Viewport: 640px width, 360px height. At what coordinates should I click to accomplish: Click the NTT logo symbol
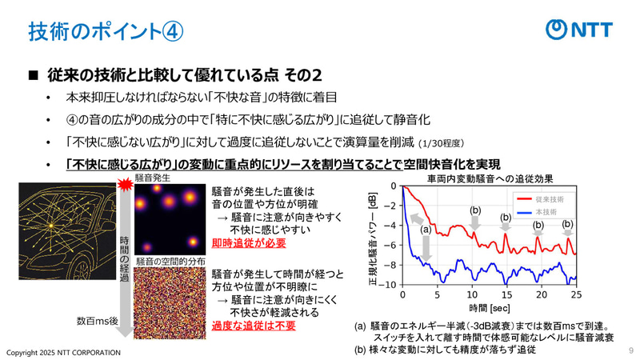pos(557,30)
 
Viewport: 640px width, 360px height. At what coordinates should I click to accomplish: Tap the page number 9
pos(630,350)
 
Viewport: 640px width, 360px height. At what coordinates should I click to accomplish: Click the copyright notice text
pos(64,352)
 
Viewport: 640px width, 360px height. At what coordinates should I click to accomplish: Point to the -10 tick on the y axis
pos(388,285)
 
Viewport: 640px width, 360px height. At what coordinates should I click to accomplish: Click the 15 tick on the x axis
pos(506,295)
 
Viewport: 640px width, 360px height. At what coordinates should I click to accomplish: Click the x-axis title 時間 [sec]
pos(490,308)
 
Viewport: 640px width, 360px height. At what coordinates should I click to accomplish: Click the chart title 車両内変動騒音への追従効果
pos(490,178)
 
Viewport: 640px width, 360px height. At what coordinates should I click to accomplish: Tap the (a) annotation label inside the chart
pos(426,230)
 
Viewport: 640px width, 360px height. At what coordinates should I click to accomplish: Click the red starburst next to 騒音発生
pos(125,186)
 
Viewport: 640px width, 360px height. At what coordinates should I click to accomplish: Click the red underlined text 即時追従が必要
pos(249,242)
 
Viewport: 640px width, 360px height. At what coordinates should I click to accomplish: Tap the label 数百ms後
pos(97,320)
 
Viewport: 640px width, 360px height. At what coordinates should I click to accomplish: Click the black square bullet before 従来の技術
pos(34,75)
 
